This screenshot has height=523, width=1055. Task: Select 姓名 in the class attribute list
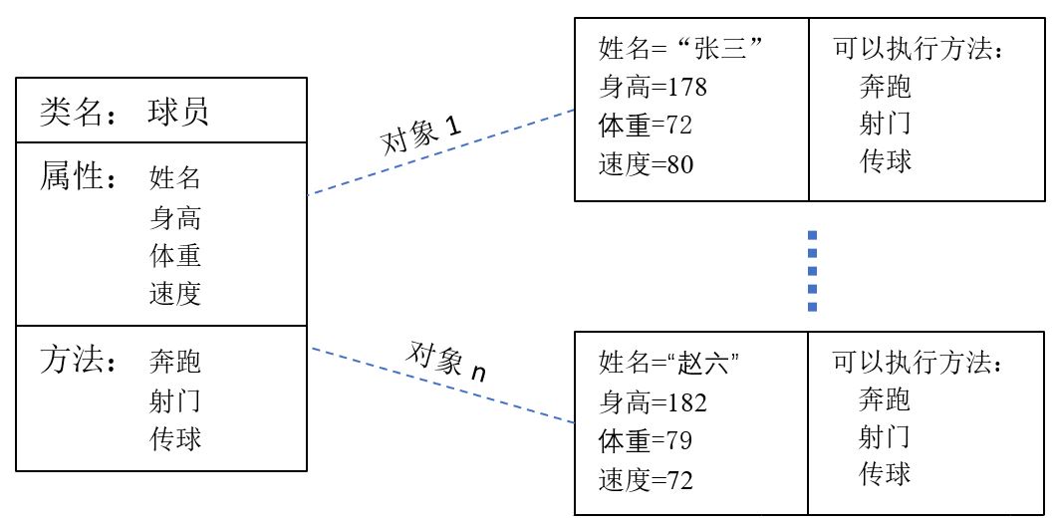175,178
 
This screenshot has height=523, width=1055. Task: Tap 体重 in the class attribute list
175,255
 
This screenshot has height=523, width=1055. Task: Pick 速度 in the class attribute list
175,293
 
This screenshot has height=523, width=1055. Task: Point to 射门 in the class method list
175,400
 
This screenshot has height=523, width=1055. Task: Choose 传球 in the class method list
175,438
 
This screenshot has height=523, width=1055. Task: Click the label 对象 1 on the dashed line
421,135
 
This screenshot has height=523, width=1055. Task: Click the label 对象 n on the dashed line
447,362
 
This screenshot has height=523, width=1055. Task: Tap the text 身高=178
653,87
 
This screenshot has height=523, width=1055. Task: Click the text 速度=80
646,163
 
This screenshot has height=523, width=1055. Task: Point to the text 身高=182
653,401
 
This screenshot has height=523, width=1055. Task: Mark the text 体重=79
646,440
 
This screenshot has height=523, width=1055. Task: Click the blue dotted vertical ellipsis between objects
813,270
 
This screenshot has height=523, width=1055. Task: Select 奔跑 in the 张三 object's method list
885,87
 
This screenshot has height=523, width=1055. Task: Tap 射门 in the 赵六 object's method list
885,436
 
